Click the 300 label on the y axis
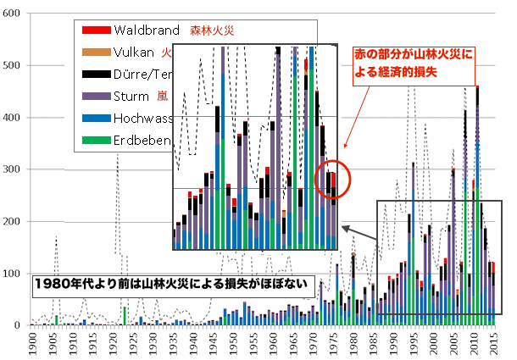[x=14, y=169]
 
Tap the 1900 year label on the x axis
[x=32, y=344]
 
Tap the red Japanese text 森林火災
[x=211, y=31]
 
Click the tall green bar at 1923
[x=124, y=315]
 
